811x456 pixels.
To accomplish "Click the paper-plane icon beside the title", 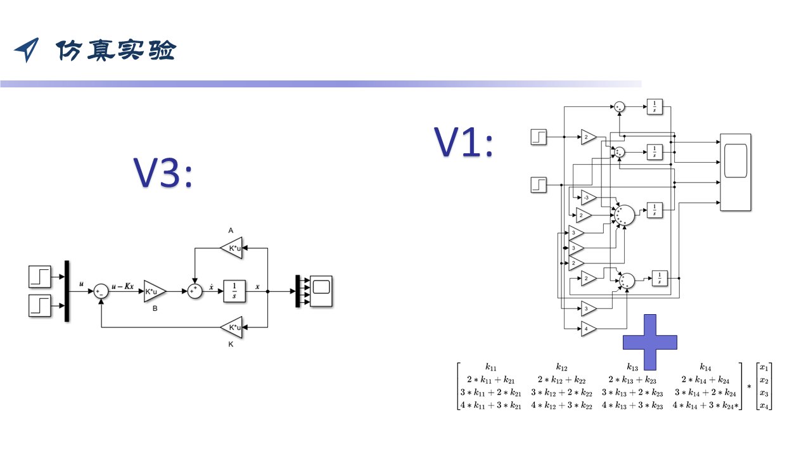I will [27, 49].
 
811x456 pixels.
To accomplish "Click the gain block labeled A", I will [232, 248].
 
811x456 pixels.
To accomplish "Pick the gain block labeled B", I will [154, 291].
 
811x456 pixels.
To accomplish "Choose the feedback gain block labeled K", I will [232, 327].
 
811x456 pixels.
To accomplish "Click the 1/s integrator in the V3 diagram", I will [234, 291].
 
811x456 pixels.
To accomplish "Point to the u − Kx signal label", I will [123, 286].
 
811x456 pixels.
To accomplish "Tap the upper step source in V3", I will [41, 277].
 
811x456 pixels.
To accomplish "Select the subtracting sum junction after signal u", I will [101, 291].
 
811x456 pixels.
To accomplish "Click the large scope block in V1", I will [735, 172].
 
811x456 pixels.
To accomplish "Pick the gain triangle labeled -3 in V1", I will [589, 198].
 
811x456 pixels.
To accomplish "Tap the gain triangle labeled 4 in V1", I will [589, 329].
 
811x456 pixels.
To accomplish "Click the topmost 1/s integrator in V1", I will [655, 107].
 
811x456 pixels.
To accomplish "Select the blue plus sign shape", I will [649, 342].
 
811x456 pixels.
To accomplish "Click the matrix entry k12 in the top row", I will [561, 367].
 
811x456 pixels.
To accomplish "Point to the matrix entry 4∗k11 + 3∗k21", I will [491, 405].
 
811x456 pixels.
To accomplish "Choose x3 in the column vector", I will [764, 393].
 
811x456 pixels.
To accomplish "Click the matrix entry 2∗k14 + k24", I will [705, 379].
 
